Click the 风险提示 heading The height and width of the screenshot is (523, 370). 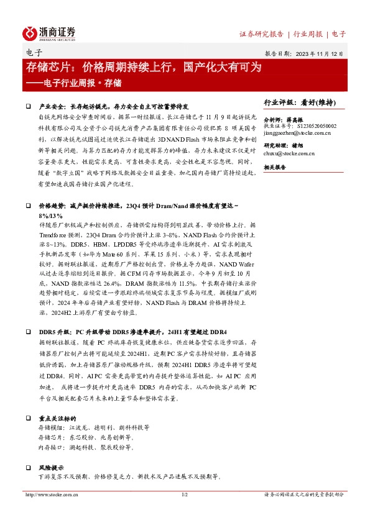52,466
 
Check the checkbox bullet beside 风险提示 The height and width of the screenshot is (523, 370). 29,466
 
